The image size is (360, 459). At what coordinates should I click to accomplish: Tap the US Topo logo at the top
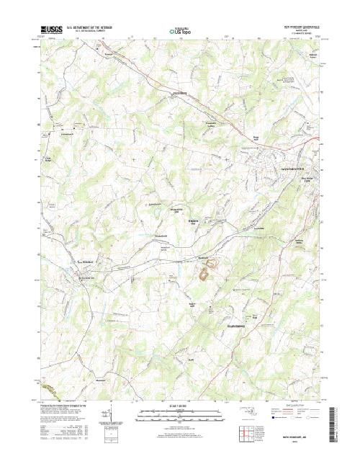(179, 31)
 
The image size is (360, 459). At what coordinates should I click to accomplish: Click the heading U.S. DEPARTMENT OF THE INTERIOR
(92, 28)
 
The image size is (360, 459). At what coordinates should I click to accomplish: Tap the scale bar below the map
(179, 417)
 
